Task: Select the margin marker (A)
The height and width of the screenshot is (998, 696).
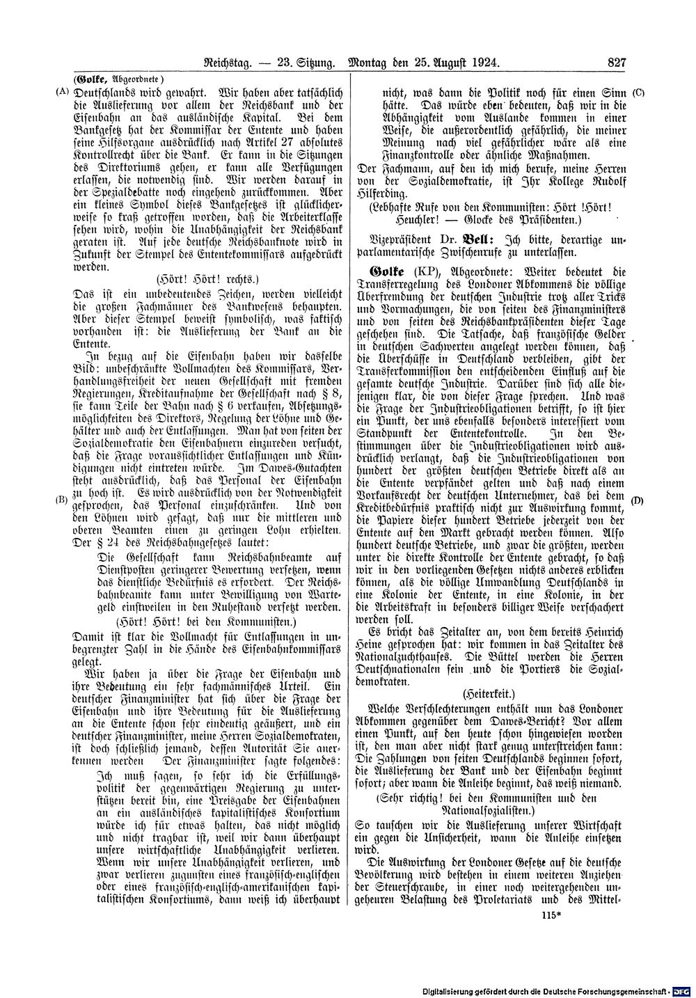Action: (x=62, y=91)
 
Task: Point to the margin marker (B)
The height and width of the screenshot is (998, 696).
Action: (x=62, y=499)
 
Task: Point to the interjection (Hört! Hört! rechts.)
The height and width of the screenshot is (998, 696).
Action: (x=206, y=278)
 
